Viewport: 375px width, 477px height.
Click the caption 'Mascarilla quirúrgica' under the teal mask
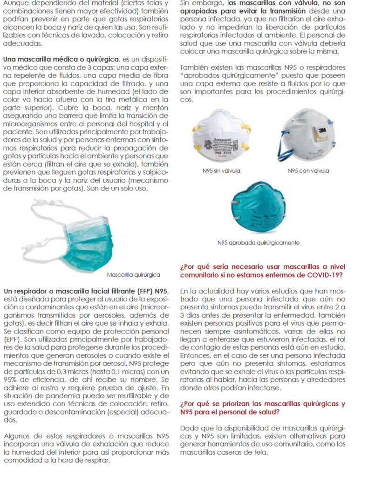click(x=133, y=275)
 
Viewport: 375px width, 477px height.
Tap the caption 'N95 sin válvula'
click(x=221, y=171)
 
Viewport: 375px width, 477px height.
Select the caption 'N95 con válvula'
click(x=308, y=171)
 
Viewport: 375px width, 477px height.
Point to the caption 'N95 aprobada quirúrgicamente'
click(x=258, y=243)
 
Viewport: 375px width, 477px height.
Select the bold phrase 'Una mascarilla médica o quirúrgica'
click(x=61, y=60)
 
